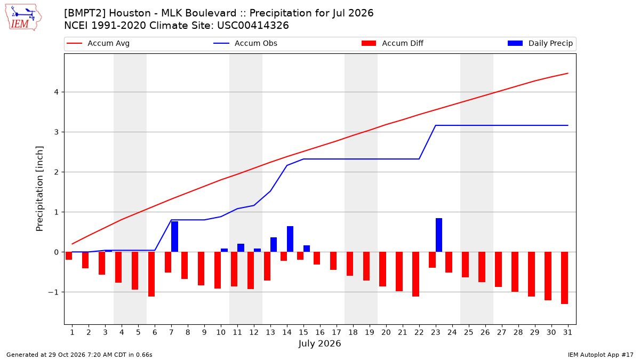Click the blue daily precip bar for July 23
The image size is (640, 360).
(439, 235)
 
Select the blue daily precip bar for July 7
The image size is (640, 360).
(174, 237)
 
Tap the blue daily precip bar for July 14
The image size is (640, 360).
(290, 239)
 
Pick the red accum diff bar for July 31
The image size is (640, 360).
(564, 278)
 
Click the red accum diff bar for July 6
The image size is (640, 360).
(151, 274)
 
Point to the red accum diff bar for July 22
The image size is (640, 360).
(415, 274)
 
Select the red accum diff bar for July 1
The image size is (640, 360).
(69, 255)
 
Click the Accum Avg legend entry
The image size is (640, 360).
(98, 43)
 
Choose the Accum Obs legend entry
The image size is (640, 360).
(245, 43)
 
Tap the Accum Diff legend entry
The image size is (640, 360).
(393, 43)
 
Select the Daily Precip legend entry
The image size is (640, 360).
(540, 43)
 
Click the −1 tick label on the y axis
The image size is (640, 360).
(53, 292)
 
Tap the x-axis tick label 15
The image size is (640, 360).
(303, 332)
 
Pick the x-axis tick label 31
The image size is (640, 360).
(567, 332)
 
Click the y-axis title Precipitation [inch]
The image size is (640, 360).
(39, 189)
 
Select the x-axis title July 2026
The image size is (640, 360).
(319, 343)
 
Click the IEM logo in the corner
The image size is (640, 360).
(23, 18)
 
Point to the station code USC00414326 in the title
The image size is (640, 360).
(253, 26)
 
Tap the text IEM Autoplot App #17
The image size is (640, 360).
(601, 355)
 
